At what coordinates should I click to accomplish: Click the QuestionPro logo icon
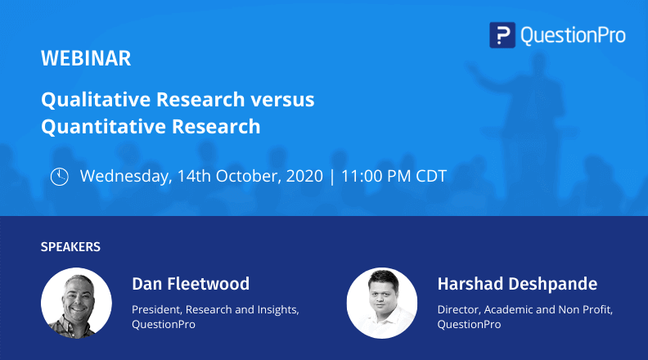(502, 34)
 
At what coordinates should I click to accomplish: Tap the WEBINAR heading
(86, 59)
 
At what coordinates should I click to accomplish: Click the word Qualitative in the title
(88, 100)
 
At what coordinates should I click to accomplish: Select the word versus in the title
(282, 100)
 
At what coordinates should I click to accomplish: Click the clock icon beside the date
(60, 176)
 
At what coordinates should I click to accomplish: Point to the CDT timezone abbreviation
(428, 176)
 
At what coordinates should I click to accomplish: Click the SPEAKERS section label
(70, 245)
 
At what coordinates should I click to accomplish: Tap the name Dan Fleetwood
(191, 284)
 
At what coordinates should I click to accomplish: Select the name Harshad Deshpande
(517, 284)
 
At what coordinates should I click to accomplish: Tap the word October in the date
(246, 176)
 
